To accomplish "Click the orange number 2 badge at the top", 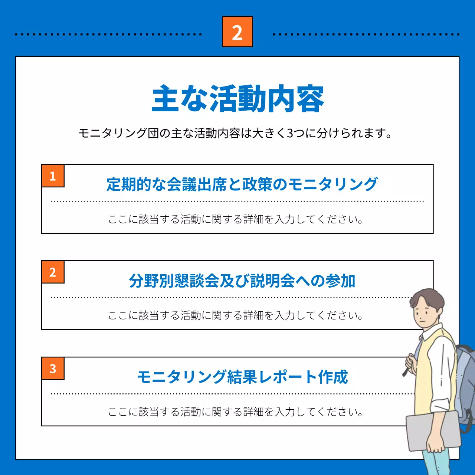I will pyautogui.click(x=237, y=32).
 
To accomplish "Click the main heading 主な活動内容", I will pyautogui.click(x=238, y=99).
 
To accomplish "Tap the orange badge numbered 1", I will pyautogui.click(x=53, y=176).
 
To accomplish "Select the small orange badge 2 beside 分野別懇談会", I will pyautogui.click(x=53, y=272).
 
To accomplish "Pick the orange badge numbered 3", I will pyautogui.click(x=53, y=368).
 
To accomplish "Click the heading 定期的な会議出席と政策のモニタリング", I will pyautogui.click(x=242, y=184).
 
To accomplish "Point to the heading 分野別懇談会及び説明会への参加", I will pyautogui.click(x=242, y=281).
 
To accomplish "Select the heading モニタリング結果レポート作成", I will pyautogui.click(x=242, y=377).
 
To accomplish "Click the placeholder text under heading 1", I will pyautogui.click(x=235, y=219).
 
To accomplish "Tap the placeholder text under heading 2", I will pyautogui.click(x=235, y=315).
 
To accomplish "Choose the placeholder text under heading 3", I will pyautogui.click(x=235, y=412).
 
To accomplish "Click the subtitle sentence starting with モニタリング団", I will pyautogui.click(x=235, y=133).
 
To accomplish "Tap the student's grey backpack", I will pyautogui.click(x=466, y=382).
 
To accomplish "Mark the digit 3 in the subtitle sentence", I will pyautogui.click(x=291, y=133).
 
